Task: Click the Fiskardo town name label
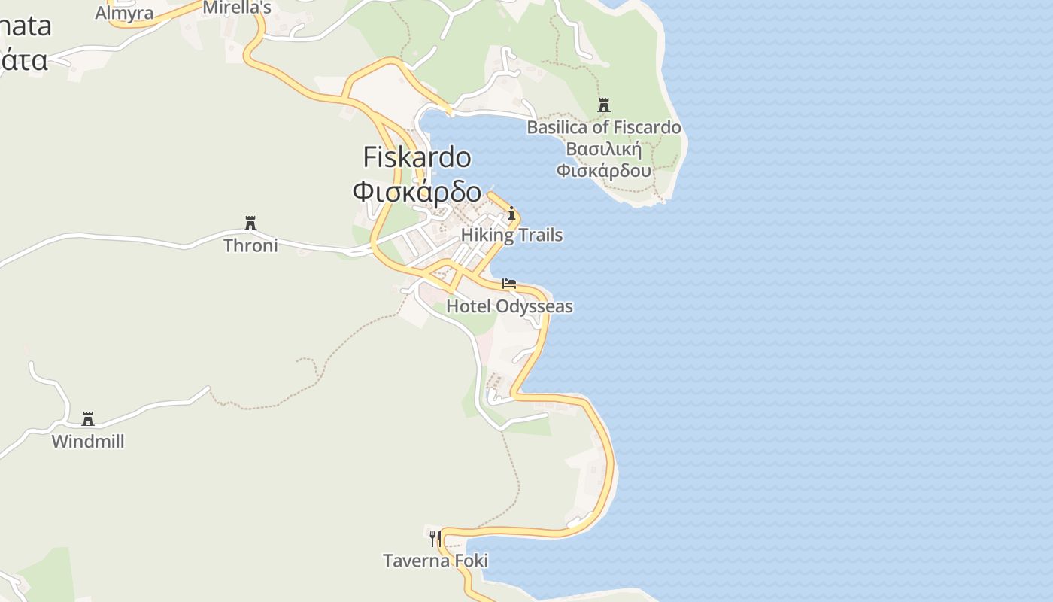click(417, 157)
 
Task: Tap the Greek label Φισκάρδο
click(417, 191)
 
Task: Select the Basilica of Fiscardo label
click(604, 127)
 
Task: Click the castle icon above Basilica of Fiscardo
click(603, 105)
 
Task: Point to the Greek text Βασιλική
click(603, 148)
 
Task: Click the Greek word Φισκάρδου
click(603, 170)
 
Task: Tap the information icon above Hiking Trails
click(511, 214)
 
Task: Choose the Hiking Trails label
click(511, 235)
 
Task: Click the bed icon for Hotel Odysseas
click(509, 284)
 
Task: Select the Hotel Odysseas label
click(509, 306)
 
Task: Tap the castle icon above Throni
click(250, 223)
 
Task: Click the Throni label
click(250, 245)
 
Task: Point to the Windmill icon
click(88, 418)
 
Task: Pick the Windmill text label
click(88, 441)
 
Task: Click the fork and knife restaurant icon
click(435, 538)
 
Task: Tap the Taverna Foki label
click(435, 561)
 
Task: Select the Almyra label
click(124, 13)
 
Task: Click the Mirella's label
click(237, 8)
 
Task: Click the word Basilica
click(557, 127)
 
